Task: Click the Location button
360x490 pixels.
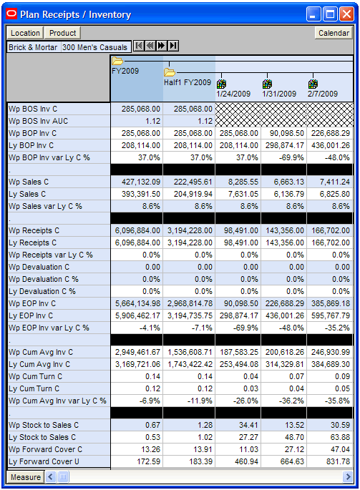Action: coord(25,33)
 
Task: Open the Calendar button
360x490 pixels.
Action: coord(334,33)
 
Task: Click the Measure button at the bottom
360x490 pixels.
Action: coord(26,477)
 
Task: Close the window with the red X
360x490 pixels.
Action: coord(346,14)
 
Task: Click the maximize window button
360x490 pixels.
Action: coord(330,14)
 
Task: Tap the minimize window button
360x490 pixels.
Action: coord(313,14)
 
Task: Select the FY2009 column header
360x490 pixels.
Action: coord(125,71)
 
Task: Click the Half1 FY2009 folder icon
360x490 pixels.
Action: coord(170,72)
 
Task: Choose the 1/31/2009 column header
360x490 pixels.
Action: coord(279,94)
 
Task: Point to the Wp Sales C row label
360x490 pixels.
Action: coord(29,182)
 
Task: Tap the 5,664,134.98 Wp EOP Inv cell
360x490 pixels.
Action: coord(137,303)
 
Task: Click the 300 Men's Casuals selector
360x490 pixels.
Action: coord(94,47)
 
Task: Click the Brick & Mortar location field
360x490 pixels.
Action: coord(33,47)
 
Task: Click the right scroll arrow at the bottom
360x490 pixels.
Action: coord(348,477)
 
